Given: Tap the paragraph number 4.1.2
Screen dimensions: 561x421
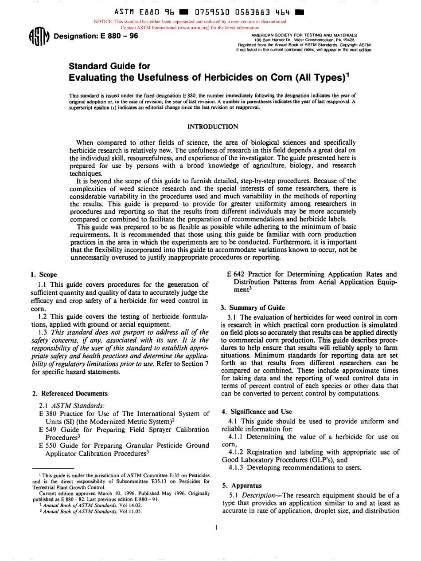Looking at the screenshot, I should click(x=237, y=451).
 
